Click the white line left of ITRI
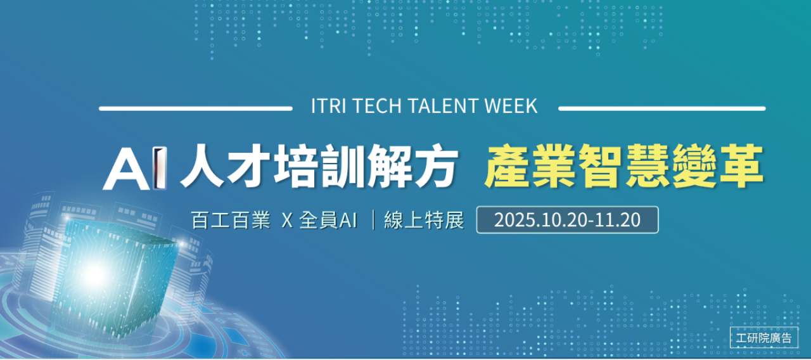(x=196, y=108)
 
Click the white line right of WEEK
(x=662, y=108)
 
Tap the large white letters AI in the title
(x=135, y=168)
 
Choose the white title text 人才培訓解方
(x=319, y=166)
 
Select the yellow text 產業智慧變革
(x=625, y=166)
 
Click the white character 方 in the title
(x=437, y=166)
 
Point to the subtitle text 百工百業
(x=231, y=220)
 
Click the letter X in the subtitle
(x=287, y=220)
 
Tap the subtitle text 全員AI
(x=328, y=220)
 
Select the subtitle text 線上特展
(x=424, y=220)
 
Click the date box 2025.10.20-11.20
(x=567, y=220)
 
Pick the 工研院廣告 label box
(x=764, y=338)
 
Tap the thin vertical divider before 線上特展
(x=373, y=220)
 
